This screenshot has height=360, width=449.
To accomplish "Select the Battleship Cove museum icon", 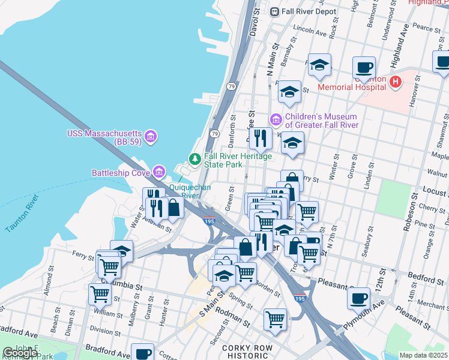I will [x=158, y=173].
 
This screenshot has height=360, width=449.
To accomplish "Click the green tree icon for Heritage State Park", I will [x=194, y=159].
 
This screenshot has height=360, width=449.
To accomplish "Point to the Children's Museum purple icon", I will [x=276, y=121].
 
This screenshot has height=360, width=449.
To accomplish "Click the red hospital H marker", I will [x=395, y=82].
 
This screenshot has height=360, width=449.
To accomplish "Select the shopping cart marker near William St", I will [x=100, y=293].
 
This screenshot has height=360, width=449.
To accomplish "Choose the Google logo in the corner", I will [x=20, y=353].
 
